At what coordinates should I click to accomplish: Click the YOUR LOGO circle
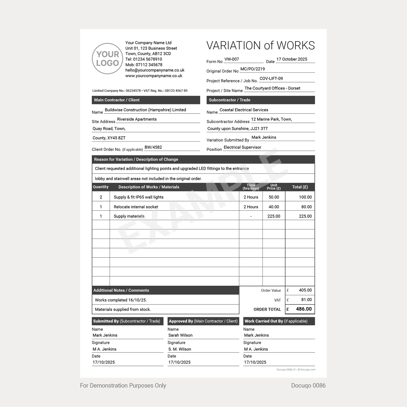click(x=107, y=59)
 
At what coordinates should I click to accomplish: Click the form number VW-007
click(x=232, y=59)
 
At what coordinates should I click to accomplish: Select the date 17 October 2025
click(x=292, y=59)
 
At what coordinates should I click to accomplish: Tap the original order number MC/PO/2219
click(x=252, y=69)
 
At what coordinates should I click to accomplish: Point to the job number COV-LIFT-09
click(x=271, y=79)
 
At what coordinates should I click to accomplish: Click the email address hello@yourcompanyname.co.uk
click(x=155, y=70)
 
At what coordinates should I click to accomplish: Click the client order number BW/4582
click(x=153, y=147)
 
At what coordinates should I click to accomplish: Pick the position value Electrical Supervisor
click(x=242, y=147)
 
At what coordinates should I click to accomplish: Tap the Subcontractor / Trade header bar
click(x=260, y=100)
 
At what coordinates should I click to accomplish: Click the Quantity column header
click(x=101, y=187)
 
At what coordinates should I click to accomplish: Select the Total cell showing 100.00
click(x=305, y=197)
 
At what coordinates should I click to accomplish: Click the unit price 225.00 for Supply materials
click(x=273, y=216)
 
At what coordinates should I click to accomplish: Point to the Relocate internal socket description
click(x=136, y=207)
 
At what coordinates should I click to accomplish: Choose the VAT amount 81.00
click(x=306, y=300)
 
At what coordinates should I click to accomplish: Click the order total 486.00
click(x=304, y=309)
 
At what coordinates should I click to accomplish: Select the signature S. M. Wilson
click(x=180, y=349)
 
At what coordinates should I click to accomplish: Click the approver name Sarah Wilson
click(x=180, y=335)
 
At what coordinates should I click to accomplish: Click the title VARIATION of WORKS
click(x=261, y=46)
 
